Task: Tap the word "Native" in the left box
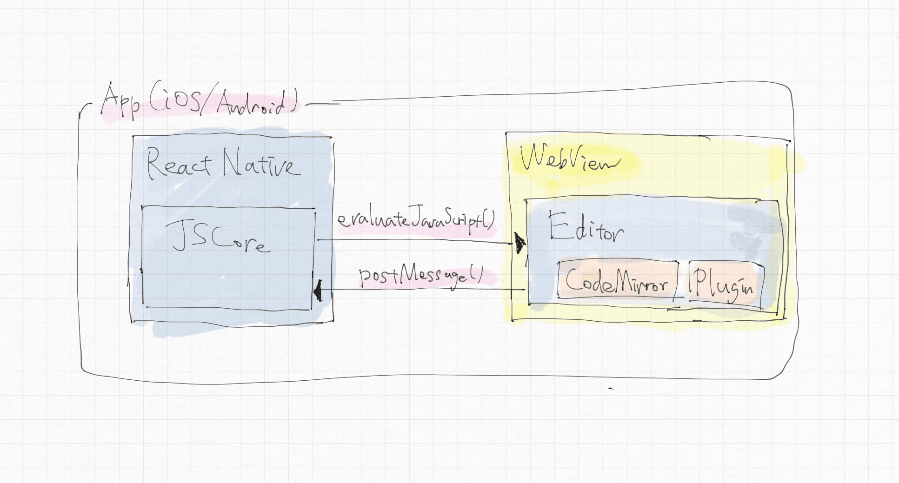(261, 164)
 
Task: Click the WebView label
(569, 159)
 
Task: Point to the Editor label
(586, 228)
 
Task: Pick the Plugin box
(725, 283)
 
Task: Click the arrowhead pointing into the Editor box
(519, 243)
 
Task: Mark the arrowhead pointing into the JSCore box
(318, 291)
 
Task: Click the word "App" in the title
(120, 101)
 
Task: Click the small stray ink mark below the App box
(611, 388)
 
